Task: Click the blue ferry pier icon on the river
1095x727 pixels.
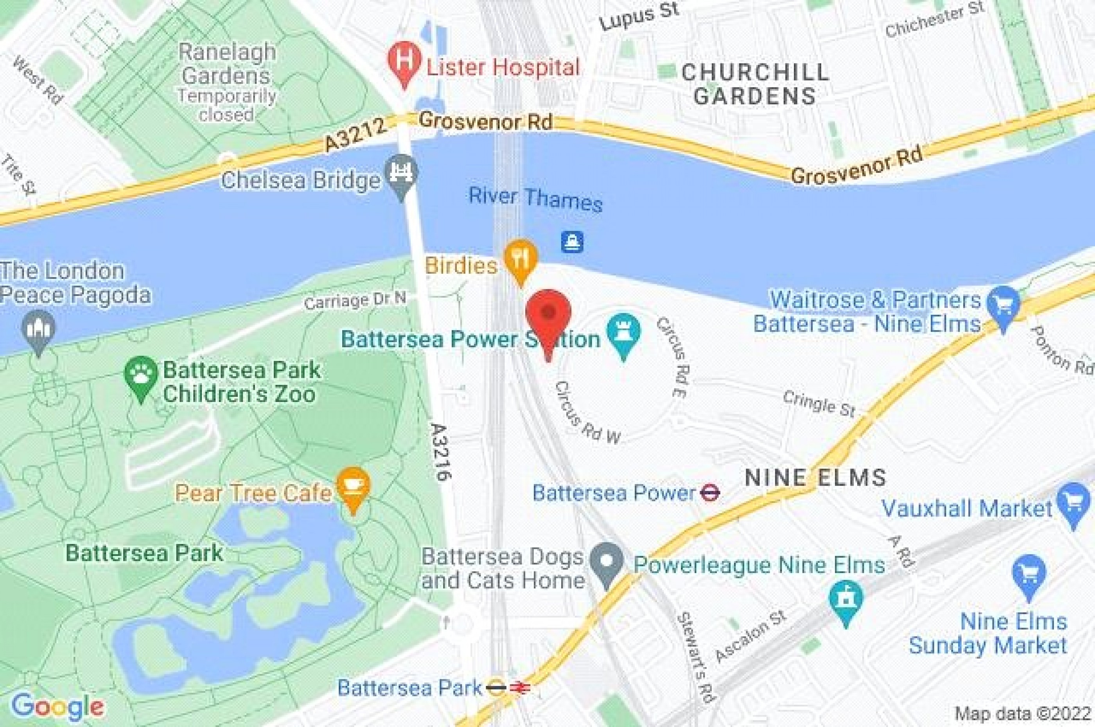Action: click(x=572, y=242)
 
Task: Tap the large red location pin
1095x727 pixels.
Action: click(x=548, y=313)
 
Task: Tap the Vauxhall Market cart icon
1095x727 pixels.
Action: click(x=1073, y=502)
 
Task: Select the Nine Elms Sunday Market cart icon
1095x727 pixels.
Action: click(x=1028, y=574)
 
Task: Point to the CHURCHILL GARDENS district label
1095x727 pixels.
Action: click(x=755, y=84)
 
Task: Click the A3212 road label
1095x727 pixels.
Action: click(x=355, y=135)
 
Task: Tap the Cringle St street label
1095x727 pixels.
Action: click(x=819, y=403)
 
